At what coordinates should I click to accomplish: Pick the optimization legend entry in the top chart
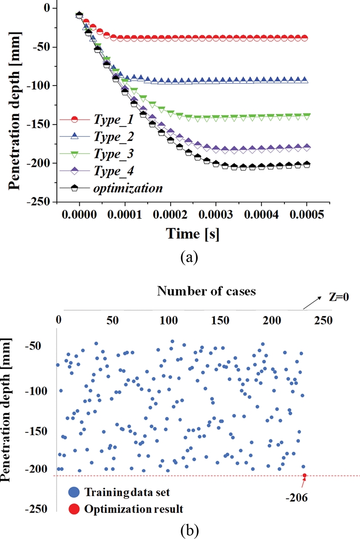tap(128, 188)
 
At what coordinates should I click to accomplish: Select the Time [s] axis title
tap(193, 234)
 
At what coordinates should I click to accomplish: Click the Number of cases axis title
tap(207, 291)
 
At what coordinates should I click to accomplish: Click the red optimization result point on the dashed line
tap(305, 476)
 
